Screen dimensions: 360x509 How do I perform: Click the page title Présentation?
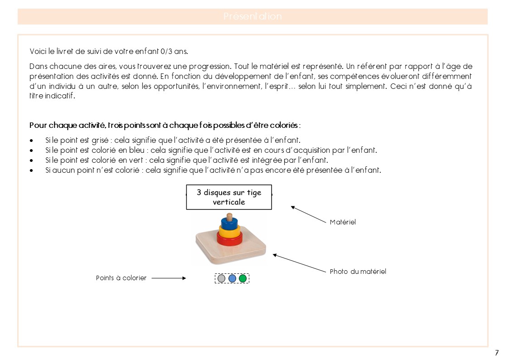point(252,17)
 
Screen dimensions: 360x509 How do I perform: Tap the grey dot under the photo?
point(221,278)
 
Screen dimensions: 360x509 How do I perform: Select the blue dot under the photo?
point(232,278)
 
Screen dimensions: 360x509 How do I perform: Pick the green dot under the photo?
point(243,278)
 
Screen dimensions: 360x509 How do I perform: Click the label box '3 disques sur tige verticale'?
point(229,197)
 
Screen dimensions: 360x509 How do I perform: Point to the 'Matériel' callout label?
point(343,222)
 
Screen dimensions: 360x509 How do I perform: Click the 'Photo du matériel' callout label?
point(358,272)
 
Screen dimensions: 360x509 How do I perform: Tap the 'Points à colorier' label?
point(121,278)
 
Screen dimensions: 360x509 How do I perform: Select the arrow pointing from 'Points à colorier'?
point(169,278)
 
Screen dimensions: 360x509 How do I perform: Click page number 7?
point(497,353)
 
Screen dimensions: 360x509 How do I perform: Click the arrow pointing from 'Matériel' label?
point(308,214)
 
